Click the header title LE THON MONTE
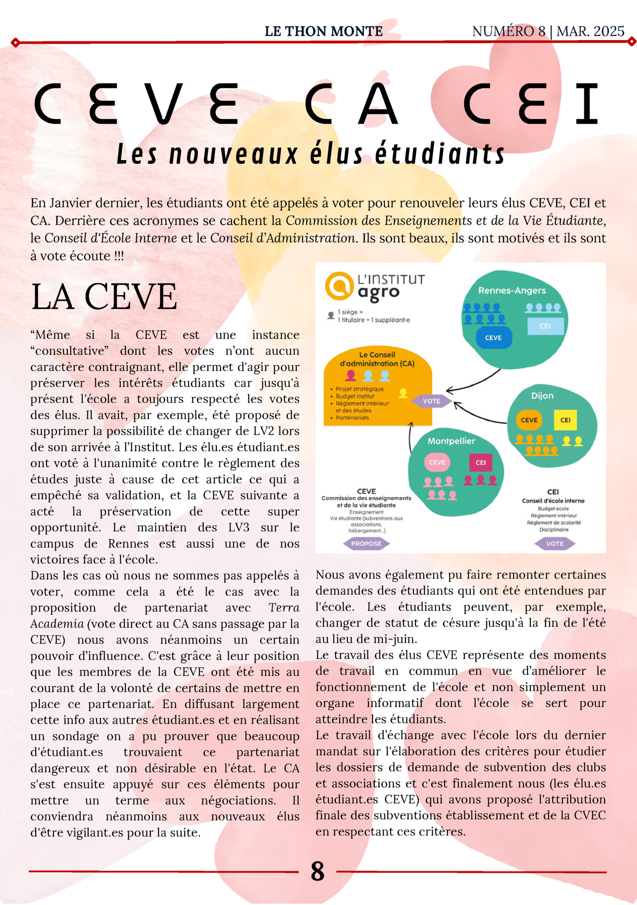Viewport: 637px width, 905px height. coord(323,31)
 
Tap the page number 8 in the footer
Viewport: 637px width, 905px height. coord(317,871)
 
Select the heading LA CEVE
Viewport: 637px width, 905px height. coord(104,296)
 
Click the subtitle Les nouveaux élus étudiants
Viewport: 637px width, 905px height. coord(310,154)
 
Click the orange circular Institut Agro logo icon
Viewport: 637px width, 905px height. coord(339,286)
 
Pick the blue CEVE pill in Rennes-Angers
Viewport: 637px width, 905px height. coord(493,338)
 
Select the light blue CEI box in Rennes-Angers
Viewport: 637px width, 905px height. coord(545,326)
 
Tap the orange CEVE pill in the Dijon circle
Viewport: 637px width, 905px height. coord(529,420)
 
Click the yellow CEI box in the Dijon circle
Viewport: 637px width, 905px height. coord(565,420)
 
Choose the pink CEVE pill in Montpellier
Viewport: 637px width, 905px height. coord(437,462)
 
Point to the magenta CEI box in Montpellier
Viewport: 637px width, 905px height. coord(480,462)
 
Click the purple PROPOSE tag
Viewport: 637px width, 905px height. coord(366,544)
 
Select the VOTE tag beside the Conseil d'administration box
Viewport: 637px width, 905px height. coord(431,401)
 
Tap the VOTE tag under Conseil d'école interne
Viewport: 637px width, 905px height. coord(554,544)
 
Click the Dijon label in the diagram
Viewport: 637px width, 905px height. coord(542,396)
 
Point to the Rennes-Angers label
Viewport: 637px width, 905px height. coord(512,291)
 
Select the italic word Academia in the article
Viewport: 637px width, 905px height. coord(57,623)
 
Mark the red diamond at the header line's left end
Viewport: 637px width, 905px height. coord(15,43)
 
